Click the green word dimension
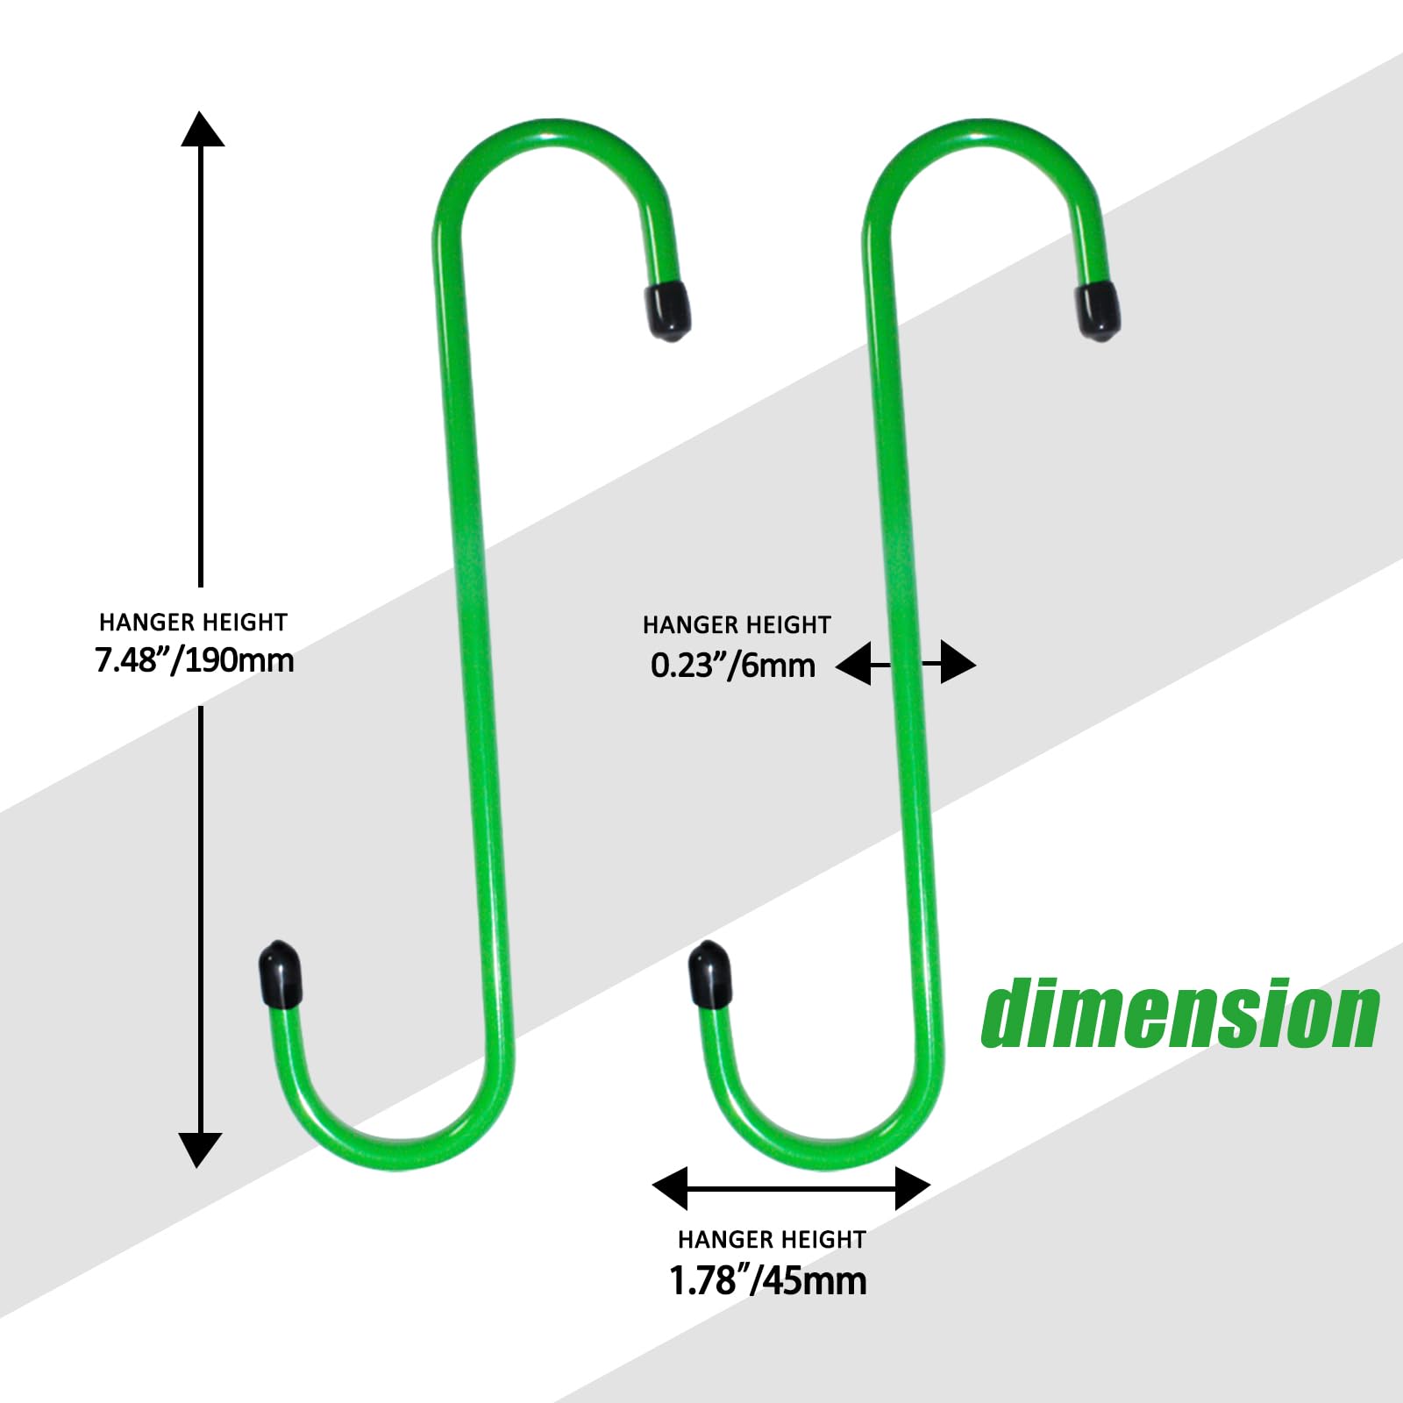pos(1180,1014)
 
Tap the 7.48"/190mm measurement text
pos(195,660)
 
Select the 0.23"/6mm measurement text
pos(733,666)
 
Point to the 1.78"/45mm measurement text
pos(768,1280)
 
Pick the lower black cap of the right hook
pos(710,975)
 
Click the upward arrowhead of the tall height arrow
pos(203,129)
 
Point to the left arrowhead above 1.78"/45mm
pos(670,1188)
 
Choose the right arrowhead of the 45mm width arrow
pos(913,1188)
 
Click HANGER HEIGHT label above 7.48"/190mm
pos(193,623)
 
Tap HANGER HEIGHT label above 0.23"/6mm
pos(737,625)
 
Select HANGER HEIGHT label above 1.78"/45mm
pos(772,1240)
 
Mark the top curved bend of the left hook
pos(552,132)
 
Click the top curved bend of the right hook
pos(982,132)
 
